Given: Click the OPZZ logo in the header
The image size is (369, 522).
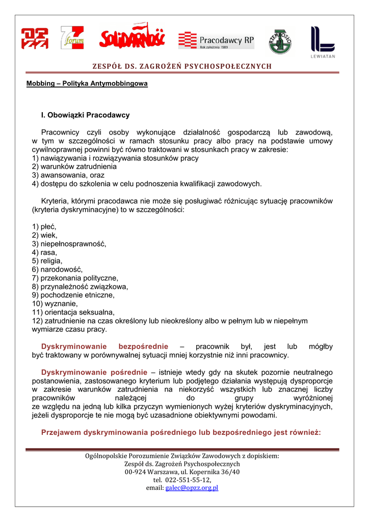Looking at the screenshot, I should point(35,39).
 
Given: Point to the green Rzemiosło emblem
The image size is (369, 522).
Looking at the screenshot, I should point(280,41).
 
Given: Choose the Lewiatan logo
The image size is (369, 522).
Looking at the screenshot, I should point(323,41).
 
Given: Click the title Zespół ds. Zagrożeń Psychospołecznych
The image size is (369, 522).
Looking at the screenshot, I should point(182,66).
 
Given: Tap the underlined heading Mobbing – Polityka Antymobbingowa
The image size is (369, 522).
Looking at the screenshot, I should point(87,83).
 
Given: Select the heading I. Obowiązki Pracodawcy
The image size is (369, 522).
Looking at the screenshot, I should point(85,115).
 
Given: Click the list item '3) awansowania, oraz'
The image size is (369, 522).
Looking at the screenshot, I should point(68,175).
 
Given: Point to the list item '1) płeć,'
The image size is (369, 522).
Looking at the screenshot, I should point(44,226).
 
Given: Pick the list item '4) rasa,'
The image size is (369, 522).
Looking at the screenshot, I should point(45,252).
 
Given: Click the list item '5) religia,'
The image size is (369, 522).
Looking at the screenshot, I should point(49,260).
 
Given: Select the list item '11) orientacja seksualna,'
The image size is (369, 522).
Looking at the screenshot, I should point(73,312).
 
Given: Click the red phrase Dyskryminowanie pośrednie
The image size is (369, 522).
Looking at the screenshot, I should point(94,372).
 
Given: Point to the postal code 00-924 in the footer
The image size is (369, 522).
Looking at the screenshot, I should point(135,472).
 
